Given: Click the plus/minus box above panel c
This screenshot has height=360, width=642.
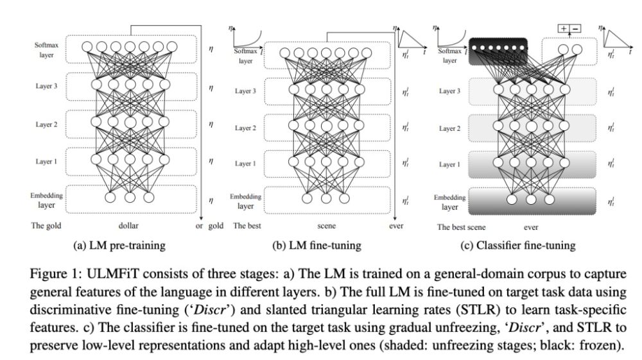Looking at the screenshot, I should coord(569,29).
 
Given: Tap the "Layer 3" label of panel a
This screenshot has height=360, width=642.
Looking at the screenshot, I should coord(47,85).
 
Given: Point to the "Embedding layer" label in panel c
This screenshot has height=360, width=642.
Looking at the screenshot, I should coord(449,201).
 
